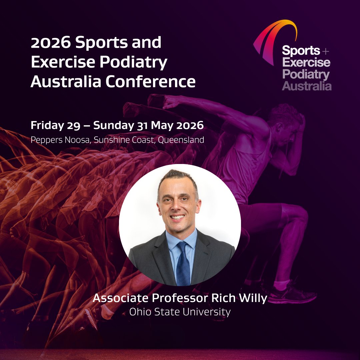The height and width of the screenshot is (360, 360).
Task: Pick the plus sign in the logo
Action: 326,52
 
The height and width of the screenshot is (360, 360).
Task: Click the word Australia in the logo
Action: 307,86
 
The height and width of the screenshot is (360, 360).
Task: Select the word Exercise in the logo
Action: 306,62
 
